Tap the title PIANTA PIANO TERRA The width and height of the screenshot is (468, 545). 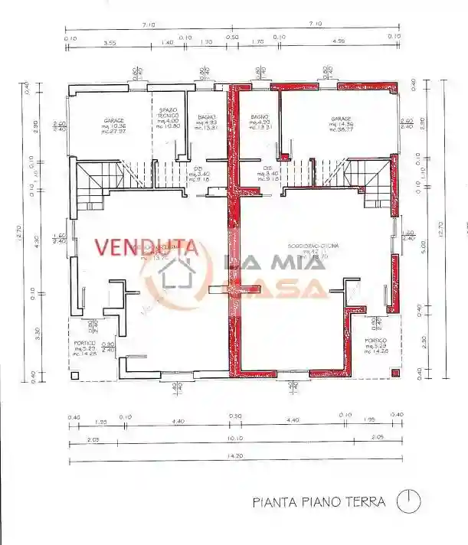[321, 502]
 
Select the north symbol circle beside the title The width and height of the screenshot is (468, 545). [408, 501]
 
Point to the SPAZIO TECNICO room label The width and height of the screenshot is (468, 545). [168, 117]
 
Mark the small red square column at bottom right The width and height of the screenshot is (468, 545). [395, 373]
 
